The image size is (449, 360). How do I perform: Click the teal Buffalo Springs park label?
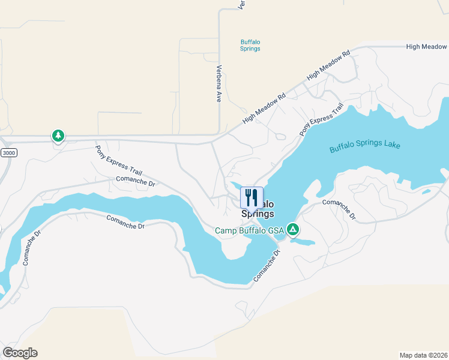point(250,45)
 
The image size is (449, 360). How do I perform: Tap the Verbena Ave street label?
point(219,83)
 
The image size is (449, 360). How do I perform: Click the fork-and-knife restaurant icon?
point(252,197)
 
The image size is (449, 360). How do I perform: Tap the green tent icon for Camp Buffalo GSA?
point(293,229)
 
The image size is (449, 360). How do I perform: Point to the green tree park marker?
point(58,136)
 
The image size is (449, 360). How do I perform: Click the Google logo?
point(20,352)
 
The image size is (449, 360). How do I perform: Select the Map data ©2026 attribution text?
point(424,354)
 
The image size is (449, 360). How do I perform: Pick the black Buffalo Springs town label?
point(259,209)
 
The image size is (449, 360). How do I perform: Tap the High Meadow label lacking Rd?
point(426,46)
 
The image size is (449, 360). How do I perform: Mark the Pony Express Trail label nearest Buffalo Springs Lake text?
point(321,118)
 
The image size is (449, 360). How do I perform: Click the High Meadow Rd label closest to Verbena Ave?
point(264,109)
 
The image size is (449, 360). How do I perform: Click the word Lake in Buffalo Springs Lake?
point(391,145)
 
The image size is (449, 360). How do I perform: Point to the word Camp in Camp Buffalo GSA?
point(227,231)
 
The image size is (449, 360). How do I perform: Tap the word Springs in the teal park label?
point(250,49)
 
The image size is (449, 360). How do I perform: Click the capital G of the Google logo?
point(8,352)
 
